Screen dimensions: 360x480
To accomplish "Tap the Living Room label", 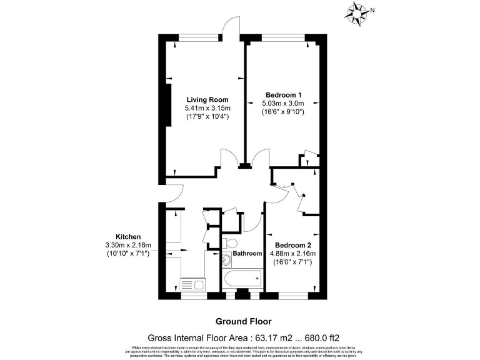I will tap(207, 99).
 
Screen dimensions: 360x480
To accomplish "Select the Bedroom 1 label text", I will tap(282, 94).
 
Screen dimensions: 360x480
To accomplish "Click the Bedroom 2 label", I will tap(292, 244).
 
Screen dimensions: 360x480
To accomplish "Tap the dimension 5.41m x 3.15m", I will tap(207, 107).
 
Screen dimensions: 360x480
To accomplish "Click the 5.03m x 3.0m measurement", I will tap(282, 103).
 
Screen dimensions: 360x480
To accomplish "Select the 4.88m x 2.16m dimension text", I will tap(292, 253).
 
